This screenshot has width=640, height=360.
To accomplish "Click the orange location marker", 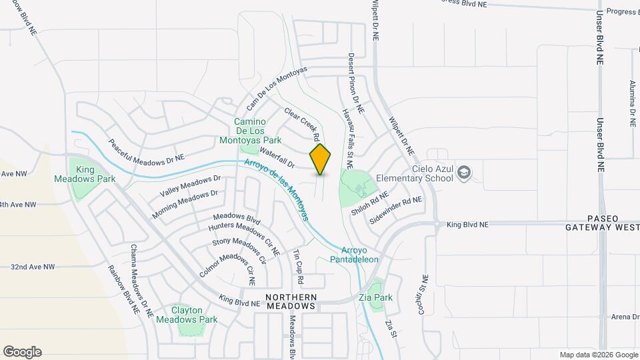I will (320, 159).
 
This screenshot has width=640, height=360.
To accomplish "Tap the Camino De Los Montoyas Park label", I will (250, 131).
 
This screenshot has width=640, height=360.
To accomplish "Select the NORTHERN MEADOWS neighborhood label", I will (290, 301).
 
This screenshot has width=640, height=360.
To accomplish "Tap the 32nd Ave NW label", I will (32, 267).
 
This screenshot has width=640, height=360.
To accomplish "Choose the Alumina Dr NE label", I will (631, 104).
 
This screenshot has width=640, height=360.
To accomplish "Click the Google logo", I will (22, 352).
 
